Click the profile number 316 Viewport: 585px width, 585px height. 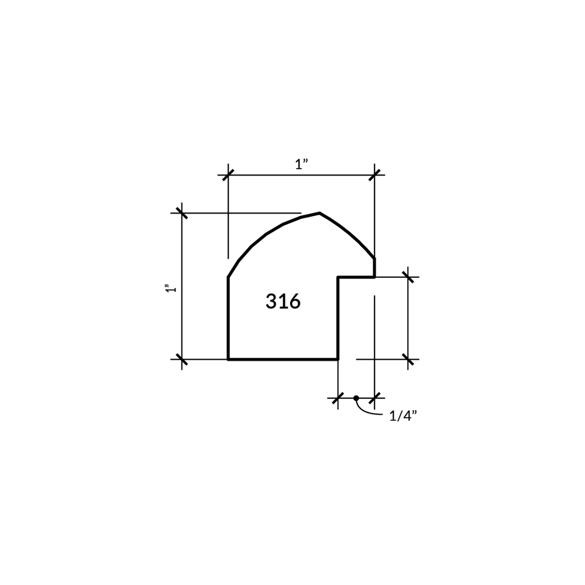[283, 301]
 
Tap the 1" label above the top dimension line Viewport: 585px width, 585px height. [301, 164]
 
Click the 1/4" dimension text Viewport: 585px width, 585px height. [403, 415]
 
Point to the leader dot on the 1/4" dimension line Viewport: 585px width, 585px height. [356, 398]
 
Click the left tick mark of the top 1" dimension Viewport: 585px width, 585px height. [228, 174]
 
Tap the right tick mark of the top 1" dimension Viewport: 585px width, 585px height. [374, 174]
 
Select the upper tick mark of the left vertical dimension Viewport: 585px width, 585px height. [182, 213]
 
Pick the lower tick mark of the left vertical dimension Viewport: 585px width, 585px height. [182, 359]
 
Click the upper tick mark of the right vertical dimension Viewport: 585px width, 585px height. [408, 277]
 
